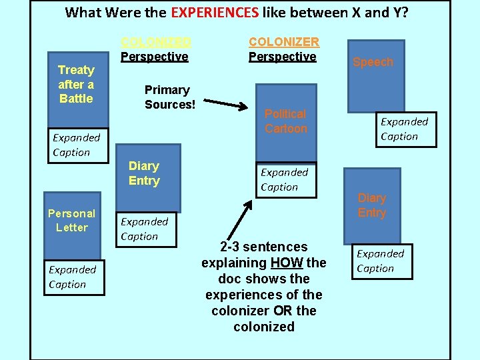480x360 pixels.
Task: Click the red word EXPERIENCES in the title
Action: pyautogui.click(x=215, y=12)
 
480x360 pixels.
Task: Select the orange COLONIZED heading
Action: pyautogui.click(x=155, y=41)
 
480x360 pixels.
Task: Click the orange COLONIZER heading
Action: pyautogui.click(x=283, y=41)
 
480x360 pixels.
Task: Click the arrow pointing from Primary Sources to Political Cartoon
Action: pyautogui.click(x=227, y=105)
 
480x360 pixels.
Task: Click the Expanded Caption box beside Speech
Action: pyautogui.click(x=404, y=129)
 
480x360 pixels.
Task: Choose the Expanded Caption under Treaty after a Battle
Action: pyautogui.click(x=76, y=145)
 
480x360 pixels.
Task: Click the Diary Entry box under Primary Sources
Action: pyautogui.click(x=149, y=177)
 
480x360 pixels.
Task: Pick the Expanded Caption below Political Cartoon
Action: pyautogui.click(x=285, y=179)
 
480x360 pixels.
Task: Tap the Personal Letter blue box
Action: pyautogui.click(x=72, y=223)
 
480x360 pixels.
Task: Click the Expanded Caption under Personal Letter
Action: pyautogui.click(x=72, y=277)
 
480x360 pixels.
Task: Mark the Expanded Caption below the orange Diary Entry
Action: pyautogui.click(x=380, y=261)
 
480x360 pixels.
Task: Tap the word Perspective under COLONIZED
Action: pyautogui.click(x=155, y=57)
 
